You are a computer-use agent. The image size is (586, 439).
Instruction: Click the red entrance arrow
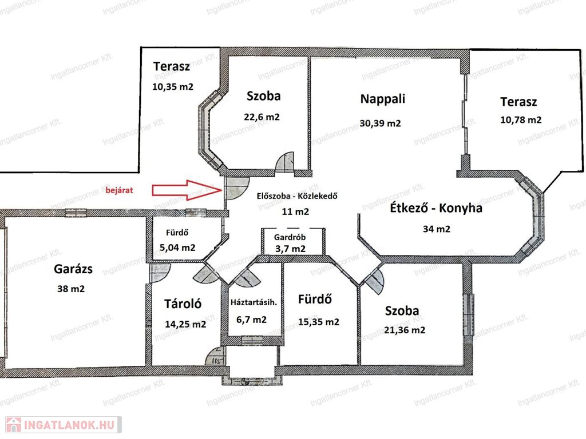pos(187,190)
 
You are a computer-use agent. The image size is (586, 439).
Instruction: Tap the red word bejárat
pos(119,190)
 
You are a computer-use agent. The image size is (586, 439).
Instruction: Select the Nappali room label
pos(382,99)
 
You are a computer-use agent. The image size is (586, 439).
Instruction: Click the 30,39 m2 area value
pos(380,123)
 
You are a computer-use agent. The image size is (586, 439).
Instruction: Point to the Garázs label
pos(73,269)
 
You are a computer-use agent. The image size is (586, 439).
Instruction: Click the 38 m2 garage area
pos(71,289)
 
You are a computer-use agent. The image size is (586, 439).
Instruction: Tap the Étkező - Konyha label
pos(435,208)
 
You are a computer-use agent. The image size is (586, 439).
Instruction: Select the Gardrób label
pos(290,237)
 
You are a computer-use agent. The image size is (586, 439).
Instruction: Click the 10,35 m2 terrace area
pos(173,87)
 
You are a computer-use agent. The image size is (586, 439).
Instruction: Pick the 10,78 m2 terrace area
pos(521,120)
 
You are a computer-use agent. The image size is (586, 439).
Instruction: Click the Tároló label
pos(183,304)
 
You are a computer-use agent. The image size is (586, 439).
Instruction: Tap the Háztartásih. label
pos(254,302)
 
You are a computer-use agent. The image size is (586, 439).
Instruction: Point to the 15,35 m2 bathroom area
pos(319,322)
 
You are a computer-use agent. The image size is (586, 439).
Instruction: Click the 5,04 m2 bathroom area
pos(177,248)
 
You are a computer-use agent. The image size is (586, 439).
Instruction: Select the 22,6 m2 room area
pos(262,117)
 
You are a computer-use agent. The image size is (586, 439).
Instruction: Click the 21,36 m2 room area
pos(405,330)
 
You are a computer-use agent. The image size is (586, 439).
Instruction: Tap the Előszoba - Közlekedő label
pos(297,195)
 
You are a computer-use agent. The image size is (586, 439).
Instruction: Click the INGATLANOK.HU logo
pos(64,425)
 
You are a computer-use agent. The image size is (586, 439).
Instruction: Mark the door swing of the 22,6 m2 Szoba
pos(285,161)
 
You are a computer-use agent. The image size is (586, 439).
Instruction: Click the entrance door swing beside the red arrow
pos(236,187)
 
